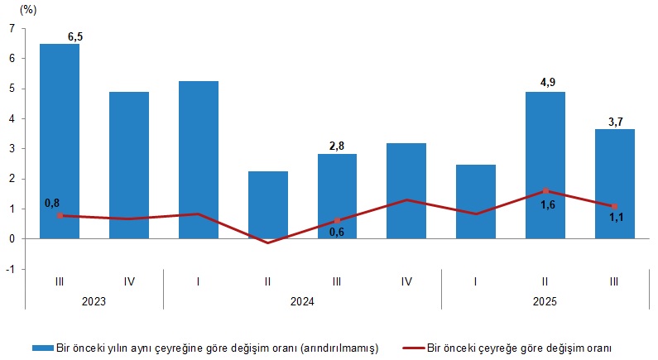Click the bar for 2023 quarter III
[60, 141]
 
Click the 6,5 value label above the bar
[74, 36]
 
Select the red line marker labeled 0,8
[60, 215]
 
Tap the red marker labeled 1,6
[545, 191]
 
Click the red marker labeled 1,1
[614, 206]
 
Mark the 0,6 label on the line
[337, 232]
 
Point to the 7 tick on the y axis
[12, 29]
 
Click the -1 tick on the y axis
[10, 269]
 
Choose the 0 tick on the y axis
[12, 239]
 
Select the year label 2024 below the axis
[302, 302]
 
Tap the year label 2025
[545, 302]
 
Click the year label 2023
[94, 302]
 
